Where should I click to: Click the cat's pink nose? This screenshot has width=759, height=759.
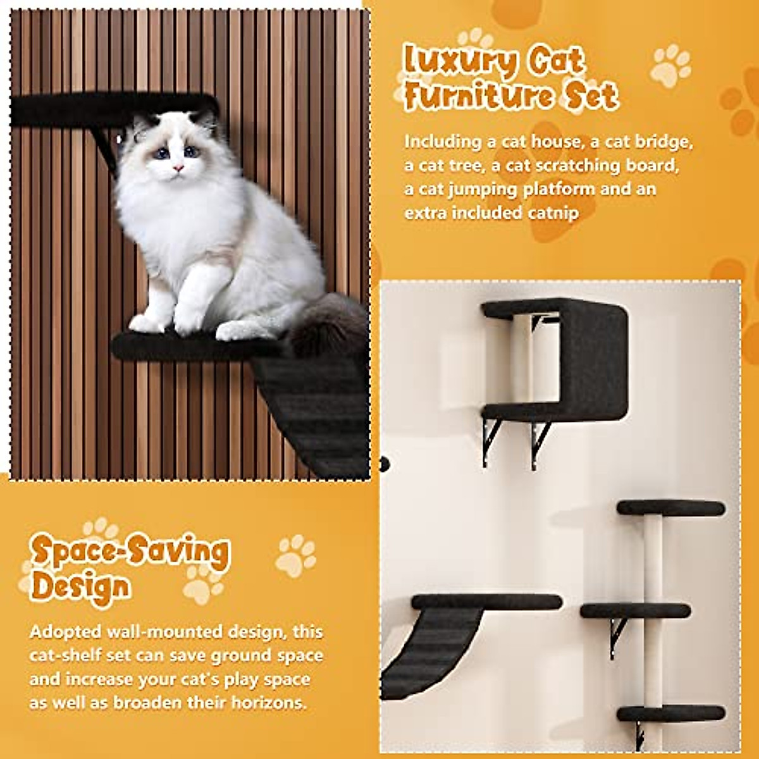pyautogui.click(x=178, y=168)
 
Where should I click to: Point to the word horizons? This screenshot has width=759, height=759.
pyautogui.click(x=268, y=703)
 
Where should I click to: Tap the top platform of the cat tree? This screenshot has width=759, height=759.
pyautogui.click(x=670, y=507)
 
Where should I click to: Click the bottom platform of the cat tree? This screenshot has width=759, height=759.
pyautogui.click(x=670, y=713)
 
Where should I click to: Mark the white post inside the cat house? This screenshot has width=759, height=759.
pyautogui.click(x=522, y=361)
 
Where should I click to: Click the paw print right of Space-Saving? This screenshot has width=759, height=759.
pyautogui.click(x=295, y=555)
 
